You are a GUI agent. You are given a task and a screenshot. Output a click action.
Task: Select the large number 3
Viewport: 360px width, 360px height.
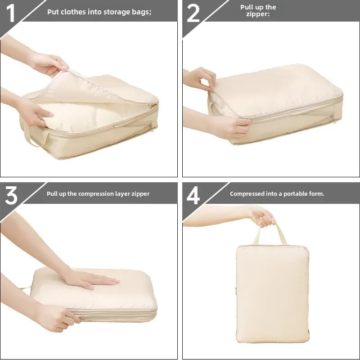11,196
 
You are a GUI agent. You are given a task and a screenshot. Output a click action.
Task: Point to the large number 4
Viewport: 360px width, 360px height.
193,196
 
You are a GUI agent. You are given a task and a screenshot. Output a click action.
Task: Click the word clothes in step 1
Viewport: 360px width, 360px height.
72,12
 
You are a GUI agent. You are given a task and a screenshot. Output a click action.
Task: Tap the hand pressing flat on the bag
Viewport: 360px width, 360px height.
90,279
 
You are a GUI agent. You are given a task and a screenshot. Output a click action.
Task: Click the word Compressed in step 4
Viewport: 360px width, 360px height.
247,194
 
